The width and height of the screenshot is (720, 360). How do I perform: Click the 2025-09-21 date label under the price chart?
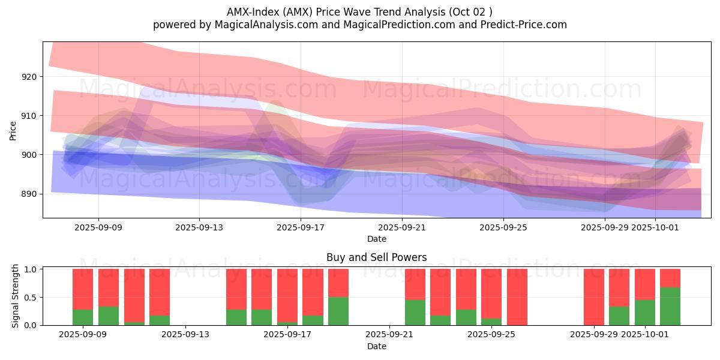402,227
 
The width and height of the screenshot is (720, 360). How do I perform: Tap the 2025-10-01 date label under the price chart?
656,227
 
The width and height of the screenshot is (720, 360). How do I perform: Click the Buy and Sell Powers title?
376,257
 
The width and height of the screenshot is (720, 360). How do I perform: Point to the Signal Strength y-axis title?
16,297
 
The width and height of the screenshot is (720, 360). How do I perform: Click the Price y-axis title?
13,130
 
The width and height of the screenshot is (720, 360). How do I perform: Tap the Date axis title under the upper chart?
376,239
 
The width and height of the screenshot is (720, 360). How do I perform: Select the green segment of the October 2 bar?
670,306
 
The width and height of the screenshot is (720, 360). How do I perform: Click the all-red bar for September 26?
517,297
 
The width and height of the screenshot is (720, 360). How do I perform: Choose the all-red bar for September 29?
594,297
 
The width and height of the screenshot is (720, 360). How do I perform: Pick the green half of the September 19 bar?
338,311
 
